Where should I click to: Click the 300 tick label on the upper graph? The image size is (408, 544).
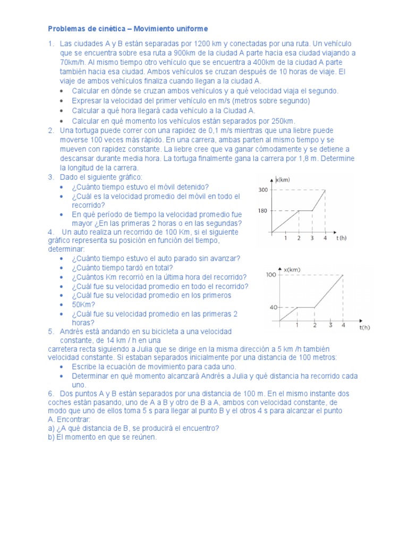pos(263,190)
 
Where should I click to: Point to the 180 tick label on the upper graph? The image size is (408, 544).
pos(263,211)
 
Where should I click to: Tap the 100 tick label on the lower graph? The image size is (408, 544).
pos(271,275)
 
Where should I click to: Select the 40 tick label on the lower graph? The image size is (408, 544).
pos(273,308)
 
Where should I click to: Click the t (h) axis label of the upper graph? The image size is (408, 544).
pos(341,239)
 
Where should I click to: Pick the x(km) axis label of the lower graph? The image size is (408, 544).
pos(292,270)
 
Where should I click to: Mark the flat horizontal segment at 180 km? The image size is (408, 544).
pos(305,210)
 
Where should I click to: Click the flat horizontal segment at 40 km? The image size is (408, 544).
pos(305,307)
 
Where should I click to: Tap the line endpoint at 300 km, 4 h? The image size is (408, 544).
pos(325,190)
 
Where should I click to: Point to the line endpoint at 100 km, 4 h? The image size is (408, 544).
pos(343,275)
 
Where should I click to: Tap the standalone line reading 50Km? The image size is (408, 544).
pos(83,304)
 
